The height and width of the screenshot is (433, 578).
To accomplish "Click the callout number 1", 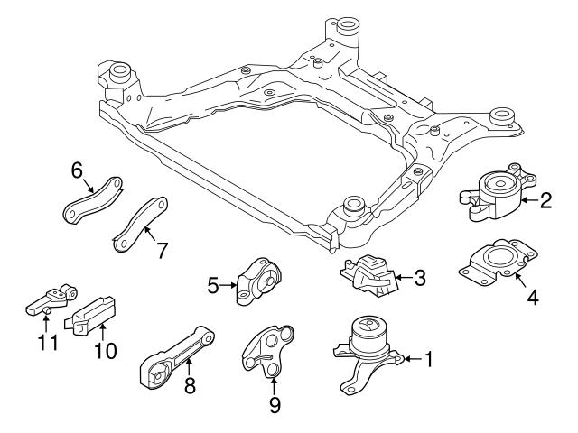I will point(429,360).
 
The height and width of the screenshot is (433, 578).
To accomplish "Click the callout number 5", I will point(213,286).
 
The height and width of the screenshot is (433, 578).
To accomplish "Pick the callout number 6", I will point(77,170).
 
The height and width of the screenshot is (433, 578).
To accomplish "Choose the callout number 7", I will point(162,250).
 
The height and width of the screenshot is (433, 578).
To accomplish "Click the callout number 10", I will point(106,350).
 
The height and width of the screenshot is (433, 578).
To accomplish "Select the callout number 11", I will point(45,343).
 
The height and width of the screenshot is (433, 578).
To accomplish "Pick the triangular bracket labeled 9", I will point(270,351).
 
